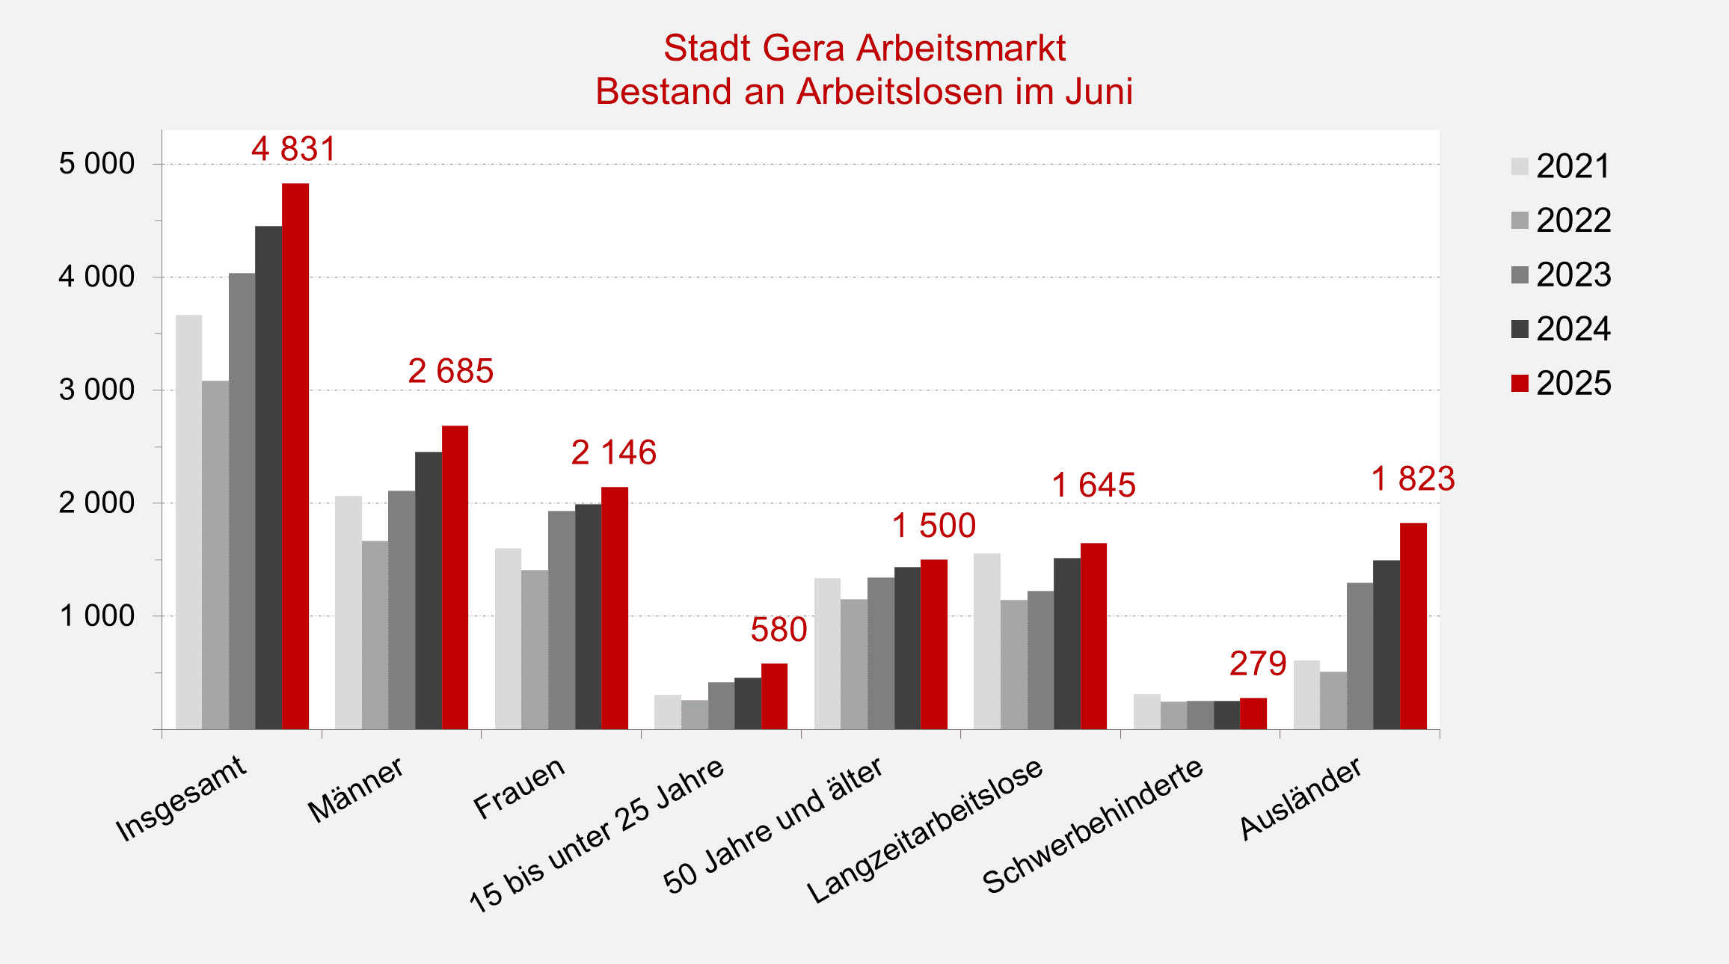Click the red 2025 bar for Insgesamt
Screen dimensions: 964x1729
coord(295,456)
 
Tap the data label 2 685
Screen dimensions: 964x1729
coord(450,371)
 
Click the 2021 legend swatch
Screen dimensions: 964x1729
coord(1520,166)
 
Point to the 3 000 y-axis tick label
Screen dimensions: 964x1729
coord(96,390)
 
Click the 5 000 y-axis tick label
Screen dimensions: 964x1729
coord(96,164)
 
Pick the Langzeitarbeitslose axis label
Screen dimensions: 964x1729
coord(925,830)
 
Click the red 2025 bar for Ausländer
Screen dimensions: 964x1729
coord(1413,626)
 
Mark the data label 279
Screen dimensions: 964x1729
coord(1257,663)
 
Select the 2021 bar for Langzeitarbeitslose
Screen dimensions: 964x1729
coord(987,641)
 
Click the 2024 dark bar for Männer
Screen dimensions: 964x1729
coord(429,590)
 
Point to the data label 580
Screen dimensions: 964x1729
coord(778,630)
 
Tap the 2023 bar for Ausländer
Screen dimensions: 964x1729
coord(1360,656)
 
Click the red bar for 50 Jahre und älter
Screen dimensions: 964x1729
coord(933,644)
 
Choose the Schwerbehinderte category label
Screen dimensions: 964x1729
coord(1093,826)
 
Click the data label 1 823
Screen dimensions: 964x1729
coord(1413,479)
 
